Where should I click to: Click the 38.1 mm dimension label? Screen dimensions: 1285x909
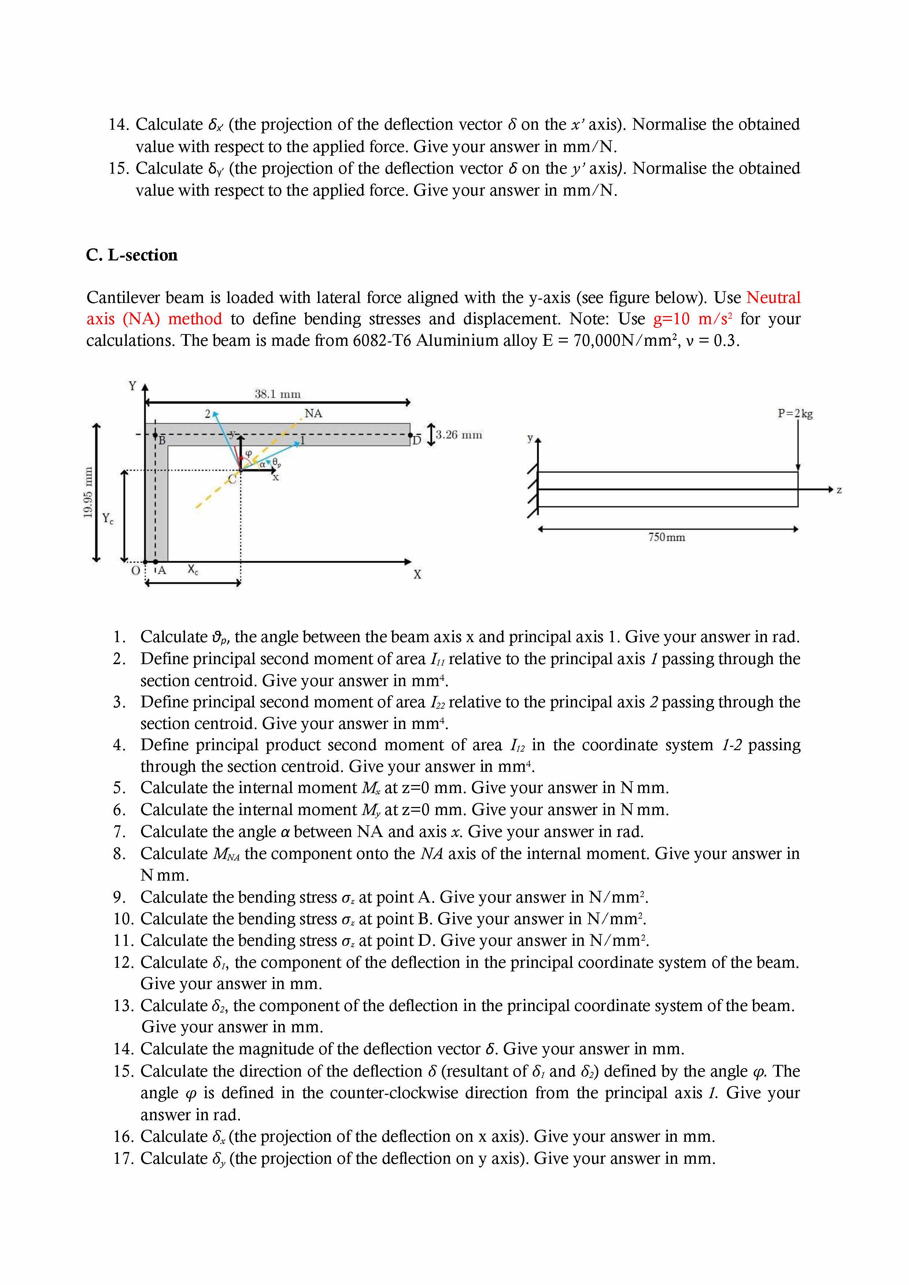[278, 394]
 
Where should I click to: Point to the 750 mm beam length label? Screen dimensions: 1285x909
[667, 537]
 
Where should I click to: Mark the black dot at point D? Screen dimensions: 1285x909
[410, 435]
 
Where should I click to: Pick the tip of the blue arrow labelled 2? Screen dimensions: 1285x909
[215, 414]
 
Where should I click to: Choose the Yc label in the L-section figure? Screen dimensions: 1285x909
[107, 519]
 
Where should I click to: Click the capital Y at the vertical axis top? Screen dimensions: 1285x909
[133, 386]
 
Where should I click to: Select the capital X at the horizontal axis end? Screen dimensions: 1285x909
[417, 575]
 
